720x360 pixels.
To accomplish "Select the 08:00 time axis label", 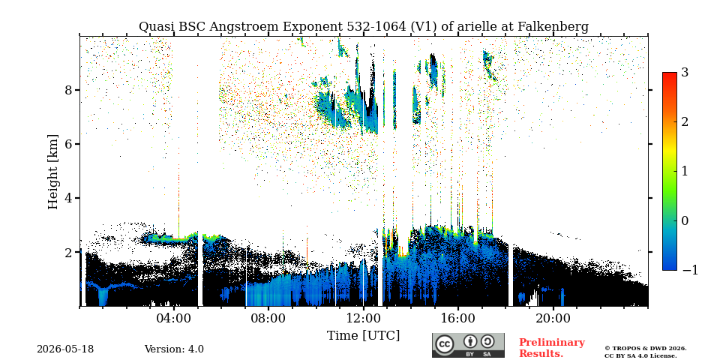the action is point(268,318).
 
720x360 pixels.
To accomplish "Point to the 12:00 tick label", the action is point(363,318).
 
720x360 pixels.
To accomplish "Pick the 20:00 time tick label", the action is point(553,318).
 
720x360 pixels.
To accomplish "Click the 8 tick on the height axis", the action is point(68,90).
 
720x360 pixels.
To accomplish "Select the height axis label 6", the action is point(68,144).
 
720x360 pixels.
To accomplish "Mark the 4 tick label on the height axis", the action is point(68,198).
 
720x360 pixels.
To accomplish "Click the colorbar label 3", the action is point(685,73).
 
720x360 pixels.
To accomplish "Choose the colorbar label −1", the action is point(690,270).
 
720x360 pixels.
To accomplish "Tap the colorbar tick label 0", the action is point(685,220).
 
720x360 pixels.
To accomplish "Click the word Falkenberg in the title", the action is point(553,27).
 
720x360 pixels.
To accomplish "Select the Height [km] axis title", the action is point(53,172).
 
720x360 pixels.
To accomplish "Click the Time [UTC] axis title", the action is point(363,336).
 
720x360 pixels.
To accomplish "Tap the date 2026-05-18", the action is point(65,349).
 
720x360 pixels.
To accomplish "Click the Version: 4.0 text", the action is point(174,349).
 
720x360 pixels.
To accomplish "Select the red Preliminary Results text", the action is point(552,348).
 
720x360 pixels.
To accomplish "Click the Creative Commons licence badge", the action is point(468,345).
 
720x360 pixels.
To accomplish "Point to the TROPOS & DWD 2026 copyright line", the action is point(646,349).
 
